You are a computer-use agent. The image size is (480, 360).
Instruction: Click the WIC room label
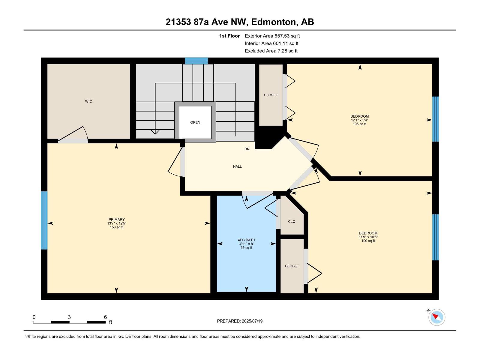[88, 101]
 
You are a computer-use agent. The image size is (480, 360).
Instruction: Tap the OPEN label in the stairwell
[195, 122]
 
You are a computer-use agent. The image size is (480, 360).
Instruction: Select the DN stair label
[247, 149]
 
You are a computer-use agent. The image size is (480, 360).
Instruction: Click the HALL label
[237, 166]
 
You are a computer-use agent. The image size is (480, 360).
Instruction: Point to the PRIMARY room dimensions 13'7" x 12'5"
[116, 223]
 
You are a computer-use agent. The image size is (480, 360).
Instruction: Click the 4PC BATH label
[246, 240]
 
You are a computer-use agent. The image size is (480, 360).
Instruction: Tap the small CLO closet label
[292, 222]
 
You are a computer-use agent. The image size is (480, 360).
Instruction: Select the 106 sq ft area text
[359, 124]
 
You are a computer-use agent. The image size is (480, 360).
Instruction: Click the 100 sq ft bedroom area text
[368, 241]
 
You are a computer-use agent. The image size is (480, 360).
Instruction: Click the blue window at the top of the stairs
[196, 61]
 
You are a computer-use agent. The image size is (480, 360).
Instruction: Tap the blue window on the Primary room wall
[44, 220]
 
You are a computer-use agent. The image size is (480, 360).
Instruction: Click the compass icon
[437, 317]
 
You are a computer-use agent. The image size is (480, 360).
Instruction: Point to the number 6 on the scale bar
[105, 317]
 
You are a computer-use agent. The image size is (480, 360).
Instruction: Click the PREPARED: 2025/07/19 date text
[240, 321]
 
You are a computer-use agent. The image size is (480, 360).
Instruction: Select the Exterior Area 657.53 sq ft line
[272, 36]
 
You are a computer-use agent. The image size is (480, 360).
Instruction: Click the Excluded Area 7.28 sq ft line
[271, 51]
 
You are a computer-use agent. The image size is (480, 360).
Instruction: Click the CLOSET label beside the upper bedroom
[271, 95]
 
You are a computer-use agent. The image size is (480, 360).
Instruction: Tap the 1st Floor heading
[229, 36]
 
